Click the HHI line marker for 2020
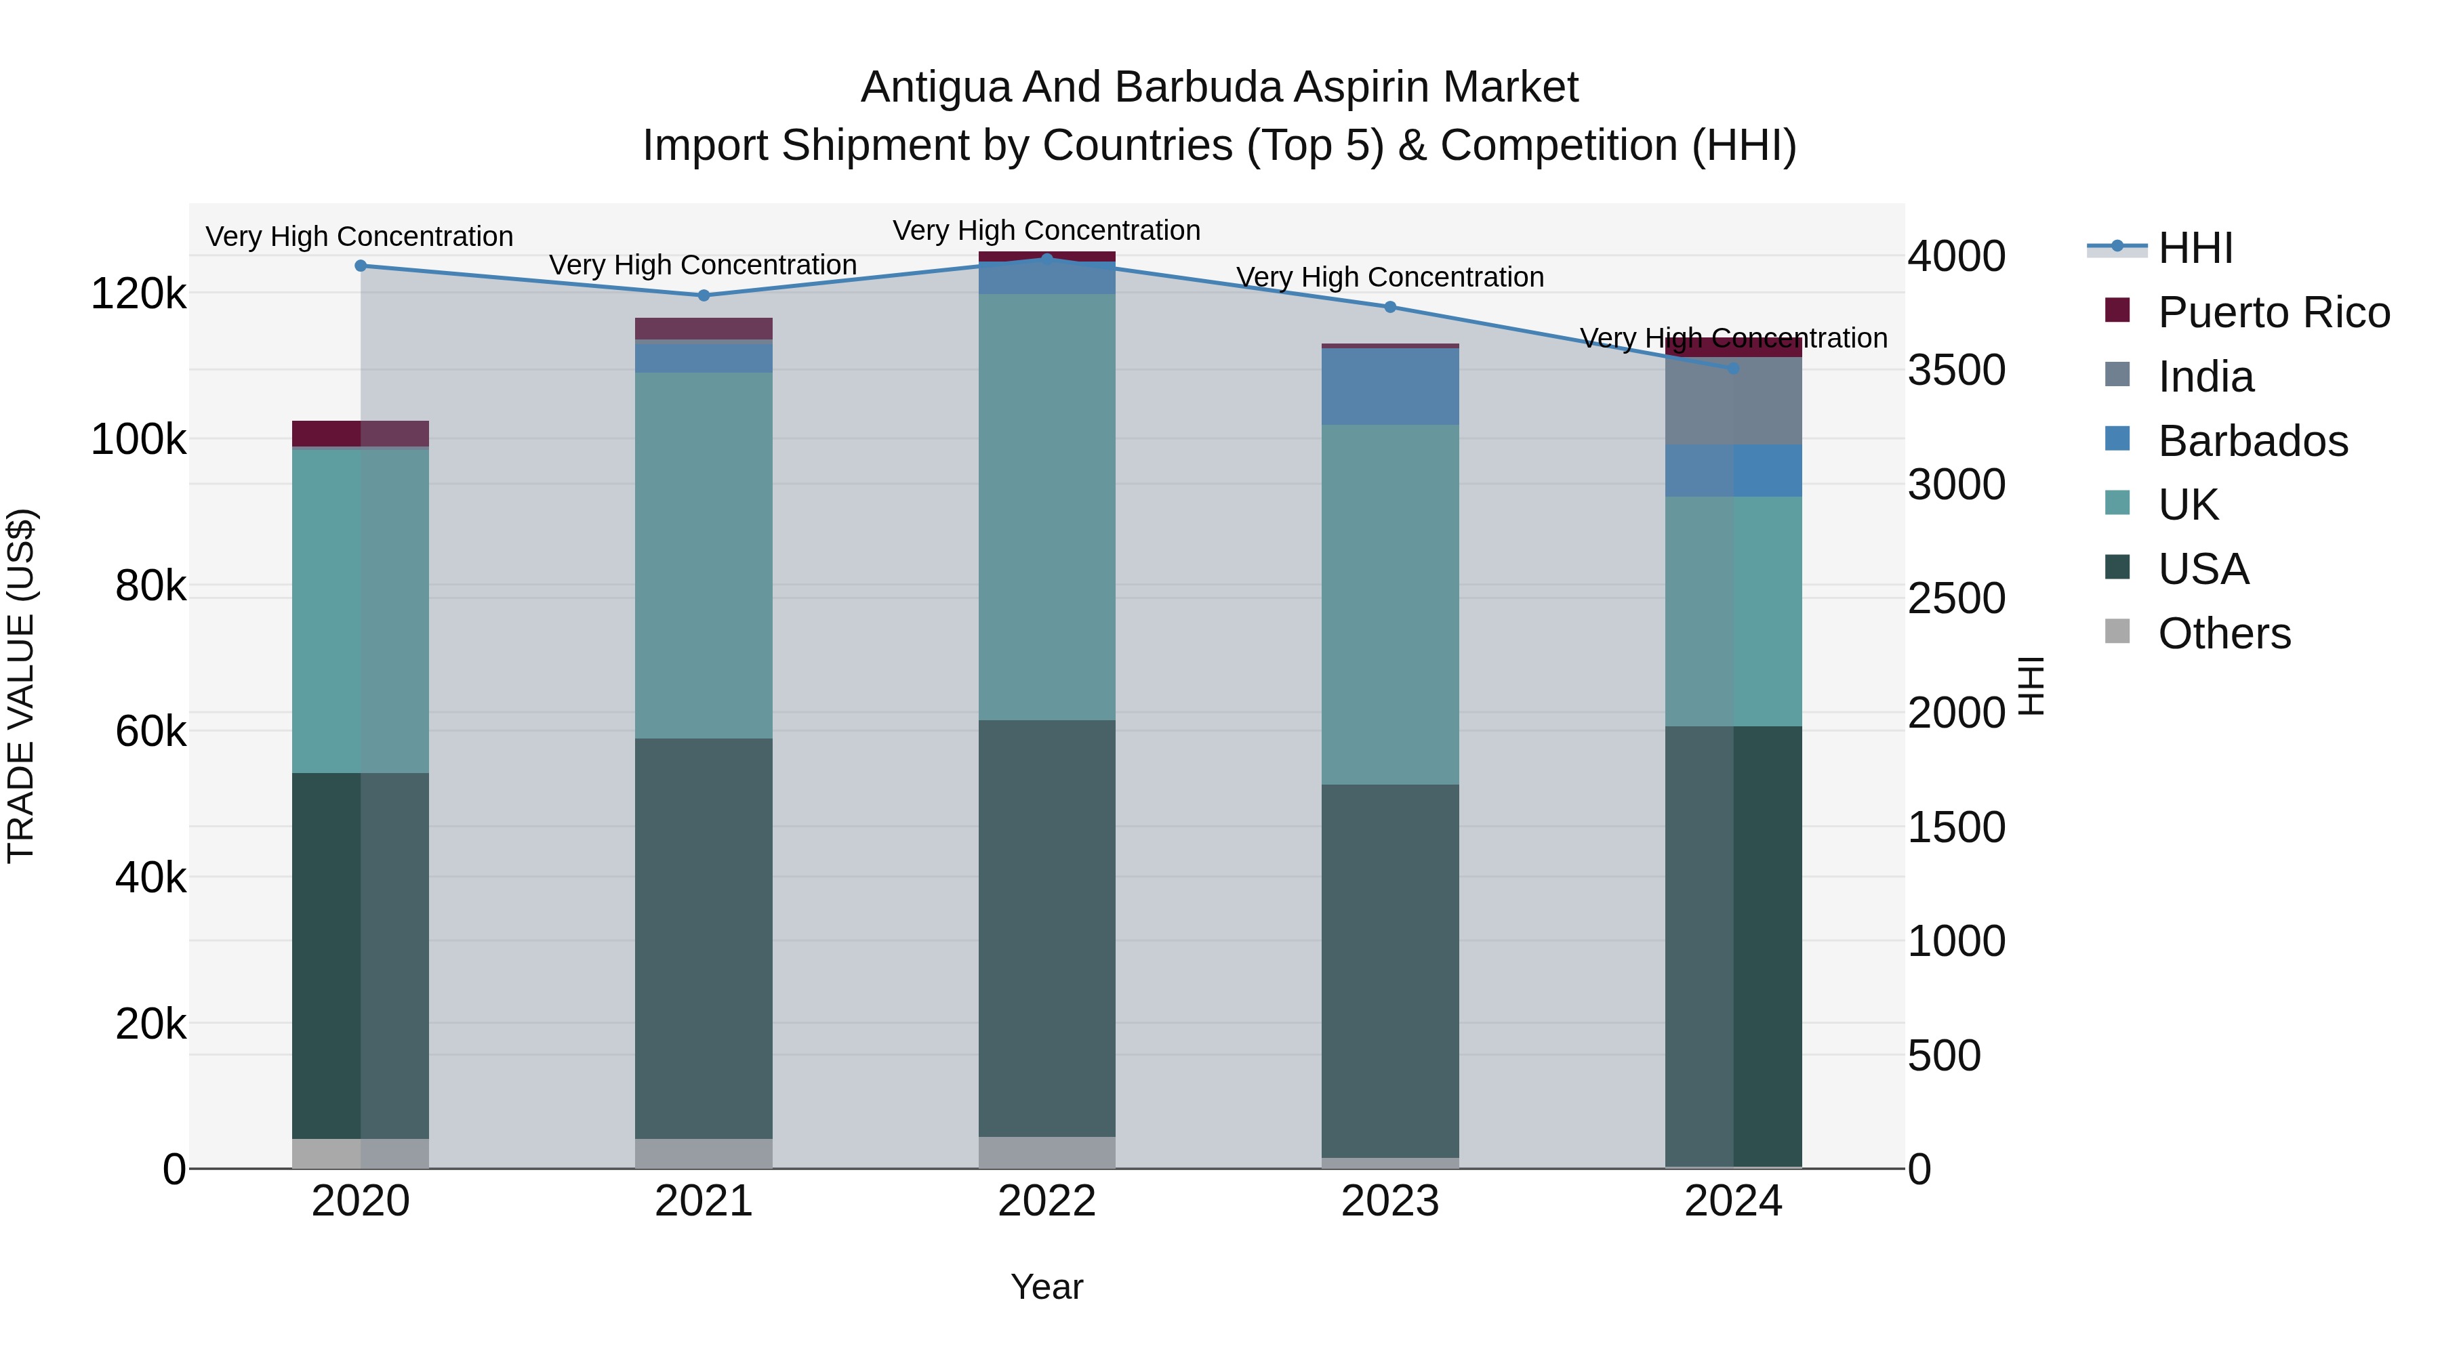click(360, 266)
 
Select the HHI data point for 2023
click(1389, 307)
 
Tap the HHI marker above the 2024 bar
click(1732, 369)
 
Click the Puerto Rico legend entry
click(2273, 312)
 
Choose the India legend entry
click(2205, 377)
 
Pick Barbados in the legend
click(2252, 441)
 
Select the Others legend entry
click(2224, 633)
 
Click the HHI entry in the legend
click(2195, 248)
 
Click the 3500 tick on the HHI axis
click(1955, 370)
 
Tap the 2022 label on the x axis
click(1046, 1201)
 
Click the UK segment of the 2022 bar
click(1046, 507)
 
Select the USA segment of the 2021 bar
click(703, 938)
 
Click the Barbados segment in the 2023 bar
click(1389, 386)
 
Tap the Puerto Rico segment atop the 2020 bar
click(360, 433)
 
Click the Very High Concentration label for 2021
click(703, 265)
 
